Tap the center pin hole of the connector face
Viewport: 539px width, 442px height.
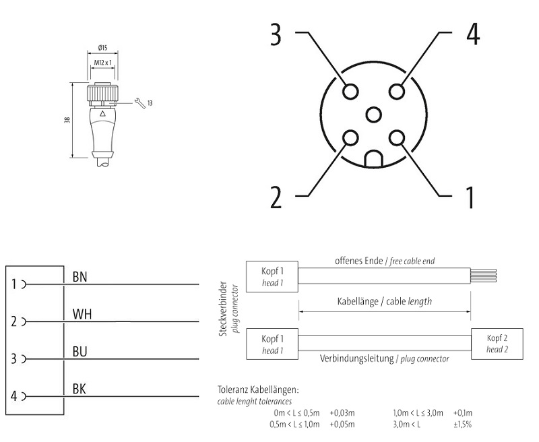pos(374,114)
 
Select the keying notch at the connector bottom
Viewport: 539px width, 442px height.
pos(374,159)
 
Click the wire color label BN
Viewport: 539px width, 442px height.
pos(80,276)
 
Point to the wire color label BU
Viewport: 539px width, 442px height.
pos(80,352)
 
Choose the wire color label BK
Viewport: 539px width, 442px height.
pos(80,389)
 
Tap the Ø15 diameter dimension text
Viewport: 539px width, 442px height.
pos(104,48)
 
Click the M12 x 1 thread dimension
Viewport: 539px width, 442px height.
pos(104,63)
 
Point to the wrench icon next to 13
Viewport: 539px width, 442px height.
pos(139,102)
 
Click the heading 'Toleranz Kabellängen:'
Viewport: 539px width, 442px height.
pos(259,389)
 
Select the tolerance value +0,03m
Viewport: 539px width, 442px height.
pos(343,412)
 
